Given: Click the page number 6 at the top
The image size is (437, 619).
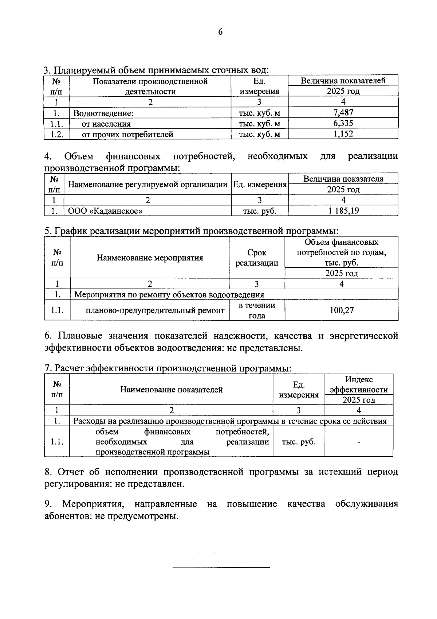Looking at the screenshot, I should point(220,32).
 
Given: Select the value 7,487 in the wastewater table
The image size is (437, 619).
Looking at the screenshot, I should point(343,113).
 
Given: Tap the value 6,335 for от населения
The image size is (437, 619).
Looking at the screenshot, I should point(343,123).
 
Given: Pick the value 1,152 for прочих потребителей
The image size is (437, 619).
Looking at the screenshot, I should point(343,134).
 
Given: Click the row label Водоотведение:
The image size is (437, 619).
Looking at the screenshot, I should point(103,113).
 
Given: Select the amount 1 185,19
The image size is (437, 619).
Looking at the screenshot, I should point(343,211).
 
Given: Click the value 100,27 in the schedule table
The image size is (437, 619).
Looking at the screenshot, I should point(342,310).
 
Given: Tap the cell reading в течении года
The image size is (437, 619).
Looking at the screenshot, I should point(257,310).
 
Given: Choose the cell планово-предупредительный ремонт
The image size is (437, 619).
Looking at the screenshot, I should point(155,311).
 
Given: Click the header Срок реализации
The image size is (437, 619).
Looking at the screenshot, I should point(257,258).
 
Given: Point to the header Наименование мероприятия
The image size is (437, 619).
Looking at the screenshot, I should point(150,258).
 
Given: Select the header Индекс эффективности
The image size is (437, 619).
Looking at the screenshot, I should point(359,384).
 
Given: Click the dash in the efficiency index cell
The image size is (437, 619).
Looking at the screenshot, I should point(359,442).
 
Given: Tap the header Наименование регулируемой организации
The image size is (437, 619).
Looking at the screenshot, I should point(148,185).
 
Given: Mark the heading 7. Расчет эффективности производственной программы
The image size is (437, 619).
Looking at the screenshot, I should point(168,368).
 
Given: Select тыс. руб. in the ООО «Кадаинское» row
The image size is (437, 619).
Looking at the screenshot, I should point(260,211).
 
